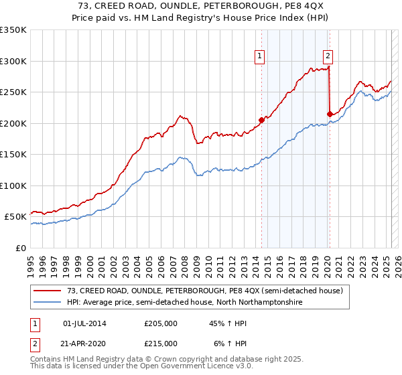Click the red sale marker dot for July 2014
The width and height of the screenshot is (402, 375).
pos(261,120)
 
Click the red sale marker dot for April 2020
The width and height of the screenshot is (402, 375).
pos(330,114)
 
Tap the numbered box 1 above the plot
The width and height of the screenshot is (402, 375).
pos(259,56)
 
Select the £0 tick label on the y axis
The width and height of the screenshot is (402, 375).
pos(20,248)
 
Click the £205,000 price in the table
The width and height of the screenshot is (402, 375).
pos(161,323)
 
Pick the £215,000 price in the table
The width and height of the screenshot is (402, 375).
pos(161,344)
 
